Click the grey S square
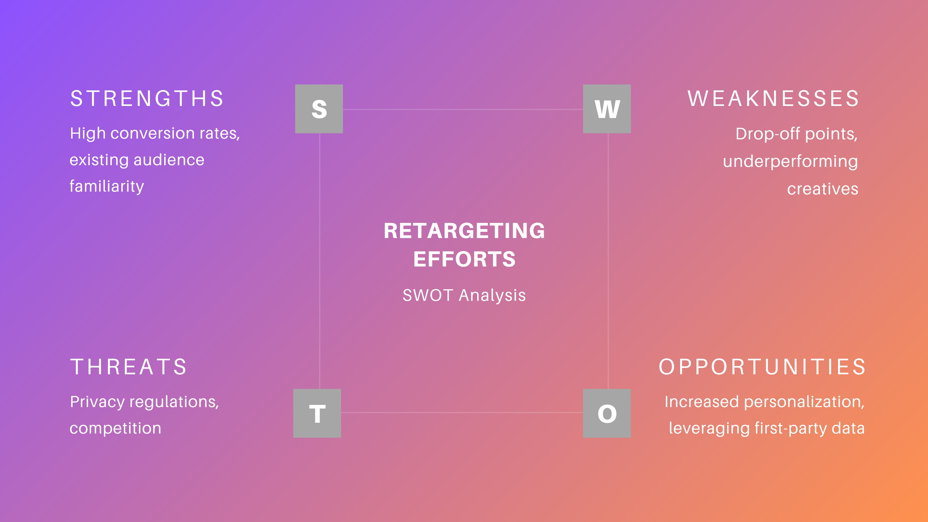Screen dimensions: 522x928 319,109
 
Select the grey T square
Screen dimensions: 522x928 317,413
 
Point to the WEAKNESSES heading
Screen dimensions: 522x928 773,98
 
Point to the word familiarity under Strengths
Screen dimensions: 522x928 107,186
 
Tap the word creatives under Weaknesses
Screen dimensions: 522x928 823,189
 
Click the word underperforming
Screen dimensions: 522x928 790,161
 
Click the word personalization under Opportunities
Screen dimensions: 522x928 804,402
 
